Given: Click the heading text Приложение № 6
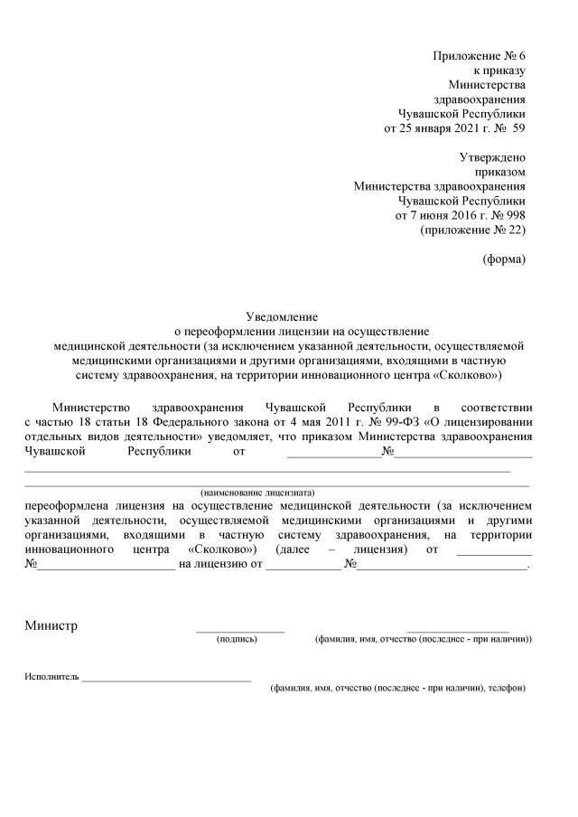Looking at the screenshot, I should (x=479, y=56).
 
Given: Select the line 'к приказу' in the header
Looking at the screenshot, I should (x=499, y=70).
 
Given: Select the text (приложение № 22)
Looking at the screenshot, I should (x=472, y=230).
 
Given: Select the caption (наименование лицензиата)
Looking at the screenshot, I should (x=257, y=493).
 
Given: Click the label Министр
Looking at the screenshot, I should (x=51, y=626).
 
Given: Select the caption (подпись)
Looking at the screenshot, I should (x=237, y=639).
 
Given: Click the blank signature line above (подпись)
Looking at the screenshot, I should (x=240, y=631).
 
